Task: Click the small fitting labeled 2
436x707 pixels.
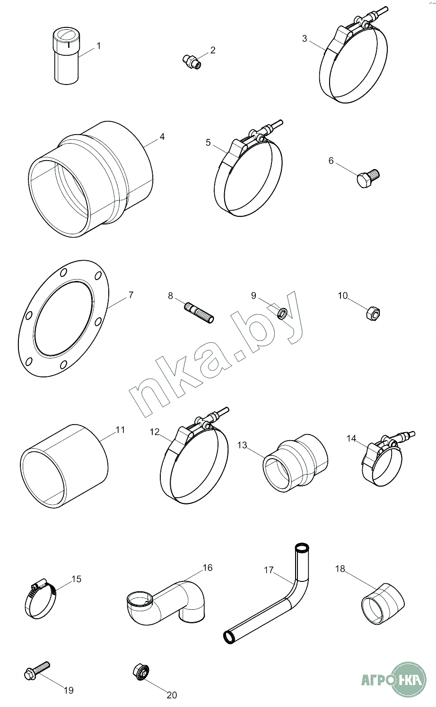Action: [x=192, y=61]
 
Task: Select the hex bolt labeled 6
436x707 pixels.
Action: [x=368, y=178]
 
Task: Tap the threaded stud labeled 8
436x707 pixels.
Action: [x=199, y=313]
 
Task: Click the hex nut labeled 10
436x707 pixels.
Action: [x=373, y=313]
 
